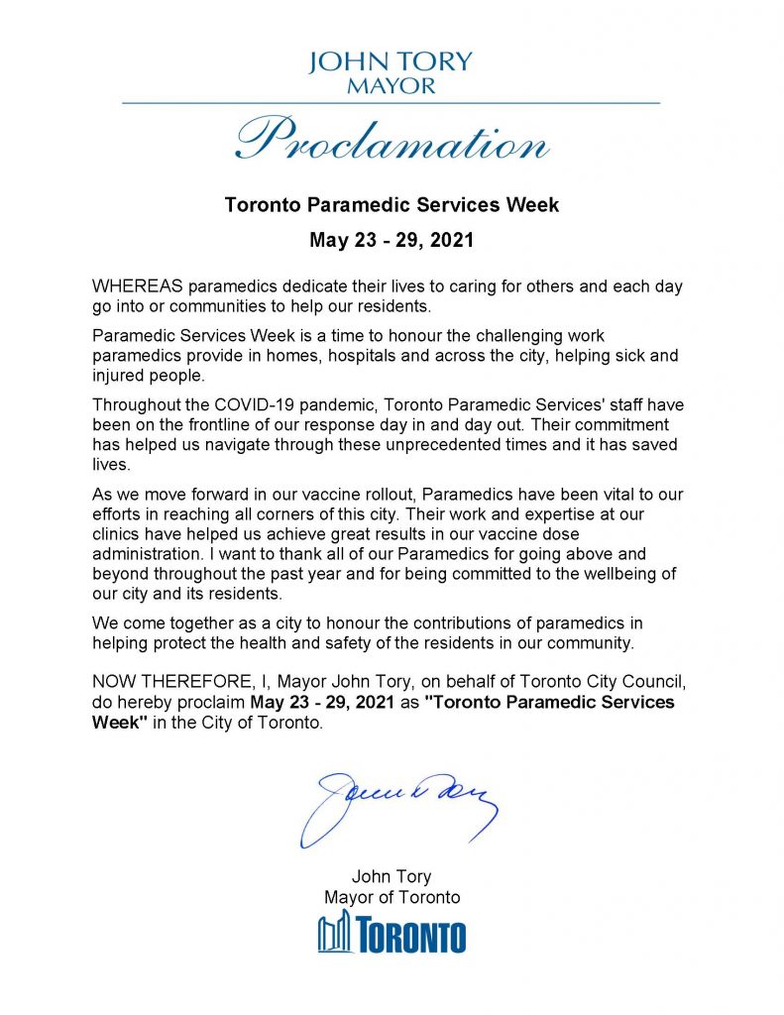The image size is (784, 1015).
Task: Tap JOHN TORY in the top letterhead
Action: [392, 62]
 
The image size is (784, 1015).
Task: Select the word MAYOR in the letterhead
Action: [392, 86]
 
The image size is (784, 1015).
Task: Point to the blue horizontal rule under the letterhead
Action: [392, 103]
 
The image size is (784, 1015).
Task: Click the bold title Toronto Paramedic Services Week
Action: [392, 206]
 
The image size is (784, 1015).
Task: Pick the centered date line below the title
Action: [392, 240]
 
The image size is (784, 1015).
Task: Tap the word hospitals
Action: [403, 355]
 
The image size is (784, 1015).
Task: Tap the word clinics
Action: [118, 534]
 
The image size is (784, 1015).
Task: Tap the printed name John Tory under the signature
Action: [392, 876]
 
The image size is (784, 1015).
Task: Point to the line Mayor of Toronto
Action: [392, 897]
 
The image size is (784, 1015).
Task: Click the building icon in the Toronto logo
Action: [335, 934]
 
